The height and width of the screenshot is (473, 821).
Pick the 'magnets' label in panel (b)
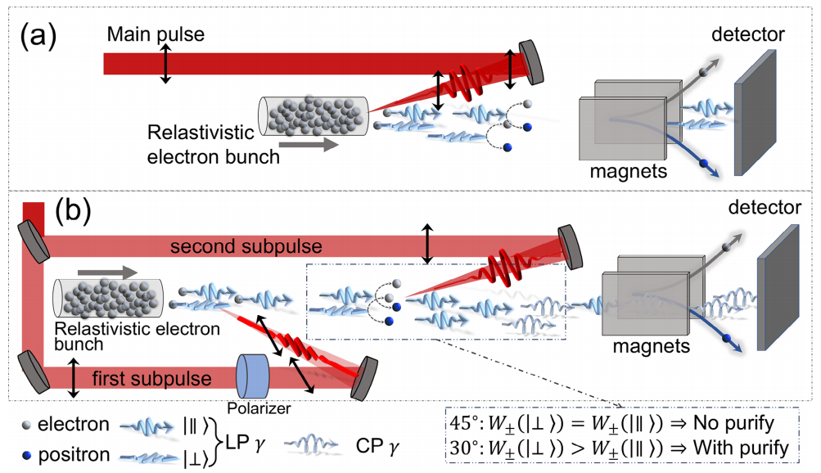[x=650, y=346]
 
